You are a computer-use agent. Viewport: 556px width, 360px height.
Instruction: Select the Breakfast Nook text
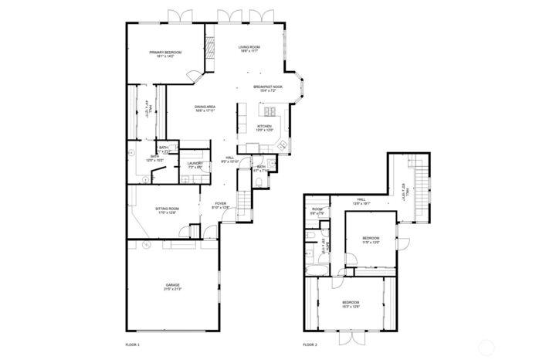267,89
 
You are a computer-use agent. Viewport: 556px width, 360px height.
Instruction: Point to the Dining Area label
205,108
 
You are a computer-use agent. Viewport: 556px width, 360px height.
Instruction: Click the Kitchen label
265,128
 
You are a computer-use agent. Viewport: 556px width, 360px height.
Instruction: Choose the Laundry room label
195,165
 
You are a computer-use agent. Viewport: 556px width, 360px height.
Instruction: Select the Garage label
172,287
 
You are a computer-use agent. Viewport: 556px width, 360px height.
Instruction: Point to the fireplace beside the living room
208,46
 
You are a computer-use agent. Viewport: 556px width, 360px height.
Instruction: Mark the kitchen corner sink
282,144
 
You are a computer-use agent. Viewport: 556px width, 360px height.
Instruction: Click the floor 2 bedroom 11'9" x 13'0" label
371,240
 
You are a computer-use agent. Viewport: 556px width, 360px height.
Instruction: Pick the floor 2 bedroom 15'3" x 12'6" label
351,304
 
